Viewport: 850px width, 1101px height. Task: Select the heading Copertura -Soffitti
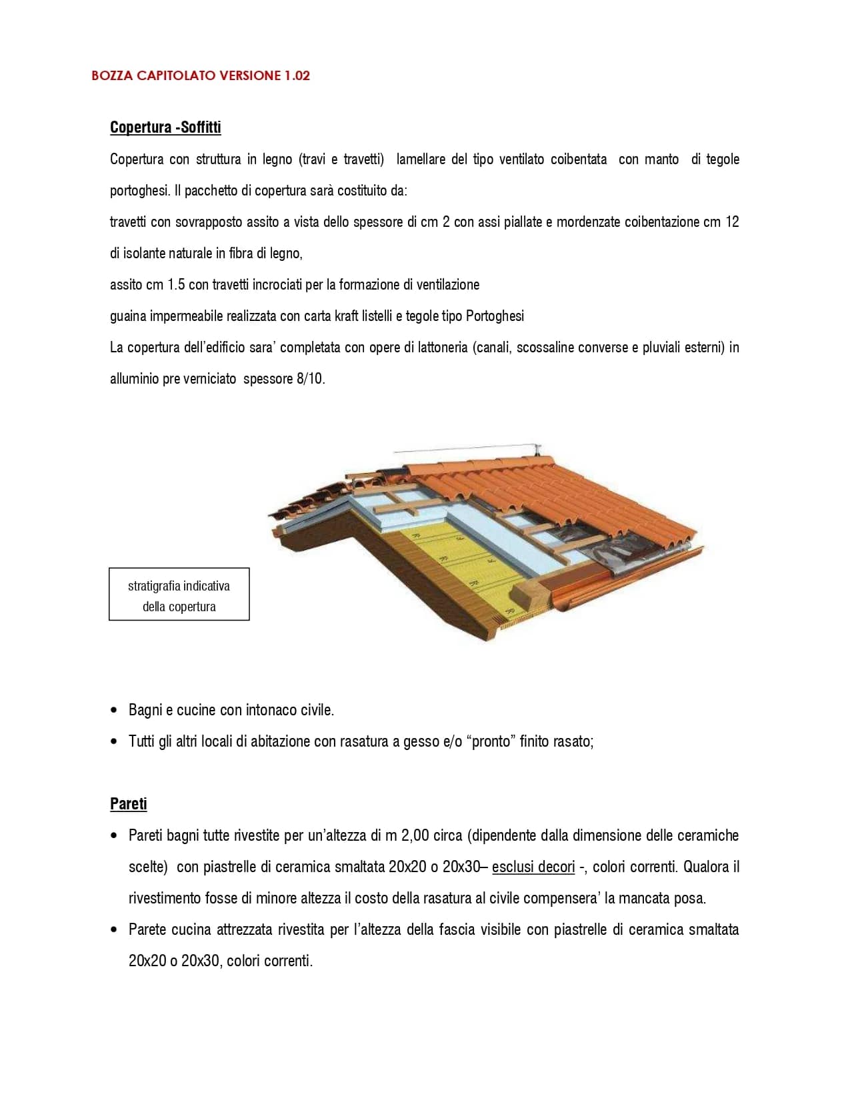(x=165, y=127)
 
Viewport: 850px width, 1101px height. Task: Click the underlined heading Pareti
(x=128, y=804)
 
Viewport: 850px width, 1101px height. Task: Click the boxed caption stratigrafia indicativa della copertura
(x=179, y=595)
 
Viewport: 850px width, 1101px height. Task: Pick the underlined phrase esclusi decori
(x=533, y=867)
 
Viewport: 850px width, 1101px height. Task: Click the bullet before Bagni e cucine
(x=115, y=710)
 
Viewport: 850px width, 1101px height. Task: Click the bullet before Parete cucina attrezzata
(x=115, y=930)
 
